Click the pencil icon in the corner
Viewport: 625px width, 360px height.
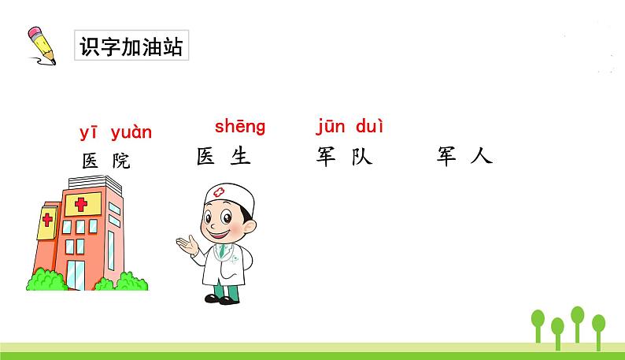(42, 45)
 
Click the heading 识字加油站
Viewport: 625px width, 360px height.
(131, 47)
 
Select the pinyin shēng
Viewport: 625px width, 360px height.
(240, 126)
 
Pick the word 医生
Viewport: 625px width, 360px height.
(224, 157)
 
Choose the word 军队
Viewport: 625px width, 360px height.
(342, 157)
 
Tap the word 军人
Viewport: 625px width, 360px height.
(464, 156)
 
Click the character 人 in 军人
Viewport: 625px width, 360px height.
(479, 156)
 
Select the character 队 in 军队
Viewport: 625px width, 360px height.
(361, 157)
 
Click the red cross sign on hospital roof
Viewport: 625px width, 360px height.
(81, 205)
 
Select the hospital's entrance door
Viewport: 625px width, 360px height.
(76, 272)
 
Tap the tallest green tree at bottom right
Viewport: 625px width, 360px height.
(577, 317)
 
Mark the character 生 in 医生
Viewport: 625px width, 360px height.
(239, 157)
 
